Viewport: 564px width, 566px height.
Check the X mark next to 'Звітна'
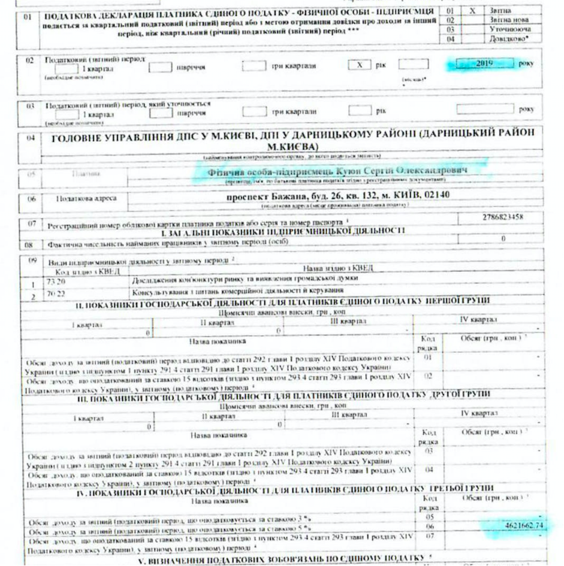pyautogui.click(x=473, y=11)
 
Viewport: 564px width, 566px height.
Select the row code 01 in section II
pyautogui.click(x=428, y=357)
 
